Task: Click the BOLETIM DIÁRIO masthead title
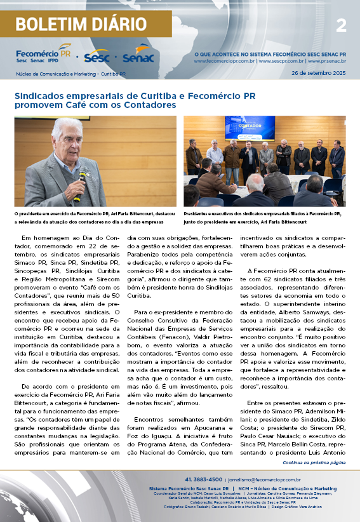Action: coord(81,25)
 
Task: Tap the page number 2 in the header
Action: coord(341,25)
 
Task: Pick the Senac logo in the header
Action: coord(138,56)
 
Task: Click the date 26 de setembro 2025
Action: coord(318,74)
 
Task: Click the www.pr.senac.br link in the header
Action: coord(326,62)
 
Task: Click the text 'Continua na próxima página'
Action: coord(314,463)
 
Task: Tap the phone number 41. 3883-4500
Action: coord(203,479)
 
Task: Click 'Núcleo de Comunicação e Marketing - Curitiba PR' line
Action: coord(70,74)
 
